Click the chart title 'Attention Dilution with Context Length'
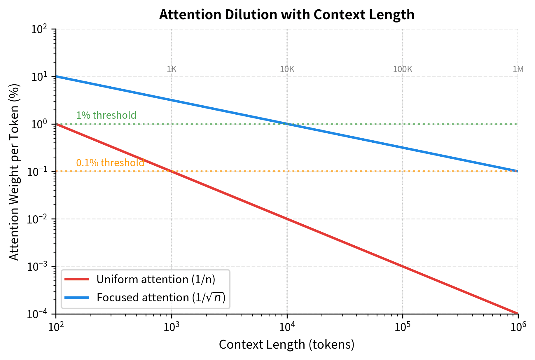point(286,15)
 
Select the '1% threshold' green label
point(106,115)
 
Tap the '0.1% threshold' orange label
point(110,163)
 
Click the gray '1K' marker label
point(172,69)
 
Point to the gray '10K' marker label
point(287,69)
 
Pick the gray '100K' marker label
point(403,69)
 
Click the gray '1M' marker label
point(518,69)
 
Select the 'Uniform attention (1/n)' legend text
point(156,279)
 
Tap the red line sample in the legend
point(76,279)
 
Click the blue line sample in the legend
point(76,298)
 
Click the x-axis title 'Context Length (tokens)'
point(286,345)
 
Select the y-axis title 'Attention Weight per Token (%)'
point(14,172)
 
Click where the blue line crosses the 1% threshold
point(287,124)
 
